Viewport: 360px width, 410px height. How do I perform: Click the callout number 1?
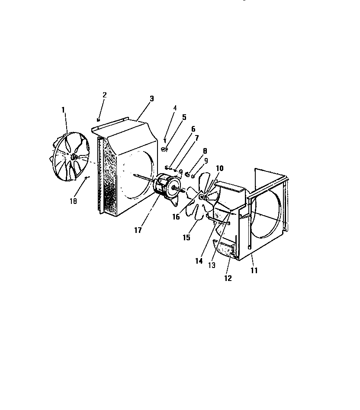[x=63, y=110]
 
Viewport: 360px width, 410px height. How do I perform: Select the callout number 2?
[x=104, y=95]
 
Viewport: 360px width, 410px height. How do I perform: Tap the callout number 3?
[x=151, y=99]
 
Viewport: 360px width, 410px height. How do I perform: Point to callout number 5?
[x=184, y=117]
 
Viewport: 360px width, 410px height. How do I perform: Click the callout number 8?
[x=205, y=151]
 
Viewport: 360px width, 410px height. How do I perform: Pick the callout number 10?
[x=219, y=168]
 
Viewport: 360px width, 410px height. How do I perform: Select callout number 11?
[x=254, y=271]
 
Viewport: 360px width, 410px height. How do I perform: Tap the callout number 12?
[x=228, y=278]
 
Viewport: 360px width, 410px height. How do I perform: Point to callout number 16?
[x=176, y=217]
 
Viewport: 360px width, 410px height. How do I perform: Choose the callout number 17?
[x=138, y=230]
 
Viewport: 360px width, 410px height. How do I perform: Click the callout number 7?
[x=196, y=138]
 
